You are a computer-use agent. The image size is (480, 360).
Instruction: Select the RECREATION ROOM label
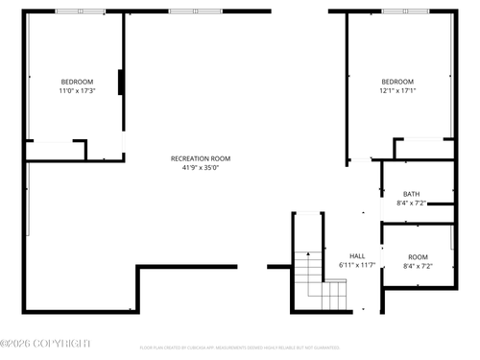click(201, 158)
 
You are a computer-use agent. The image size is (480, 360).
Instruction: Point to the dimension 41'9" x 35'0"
click(201, 168)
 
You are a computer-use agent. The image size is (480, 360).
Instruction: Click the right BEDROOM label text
click(397, 81)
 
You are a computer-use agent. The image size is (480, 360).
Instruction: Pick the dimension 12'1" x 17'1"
click(397, 90)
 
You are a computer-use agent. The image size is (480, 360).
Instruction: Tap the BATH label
click(411, 194)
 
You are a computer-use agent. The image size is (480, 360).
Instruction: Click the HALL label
click(357, 255)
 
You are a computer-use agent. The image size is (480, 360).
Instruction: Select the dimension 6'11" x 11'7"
click(357, 265)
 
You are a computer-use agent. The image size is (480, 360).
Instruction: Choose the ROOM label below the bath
click(418, 256)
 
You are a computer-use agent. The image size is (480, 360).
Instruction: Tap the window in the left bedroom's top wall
click(81, 12)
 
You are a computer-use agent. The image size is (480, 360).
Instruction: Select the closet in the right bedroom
click(423, 149)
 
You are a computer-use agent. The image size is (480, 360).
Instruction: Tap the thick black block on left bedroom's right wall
click(120, 83)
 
